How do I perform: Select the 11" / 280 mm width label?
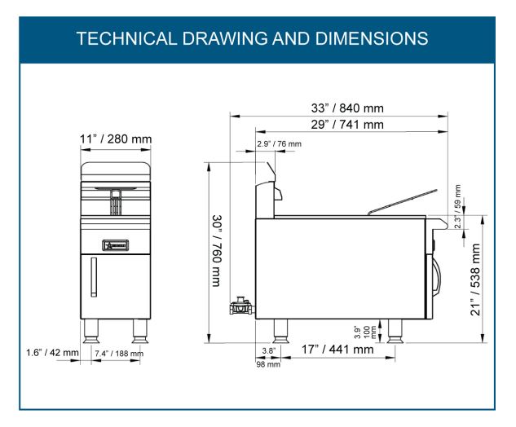coord(115,139)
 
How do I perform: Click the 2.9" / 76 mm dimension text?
coord(278,144)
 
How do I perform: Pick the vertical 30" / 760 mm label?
coord(218,250)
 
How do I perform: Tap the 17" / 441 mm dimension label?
coord(337,350)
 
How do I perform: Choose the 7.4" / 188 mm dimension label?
coord(118,354)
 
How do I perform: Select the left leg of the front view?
coord(91,331)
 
